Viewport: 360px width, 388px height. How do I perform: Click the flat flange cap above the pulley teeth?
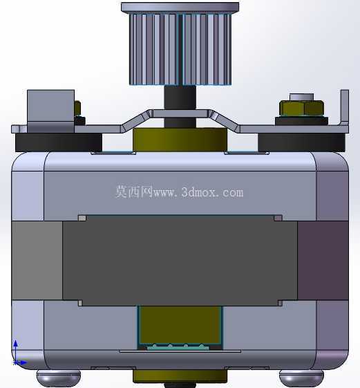(180, 7)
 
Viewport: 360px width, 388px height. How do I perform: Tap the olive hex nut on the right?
(301, 108)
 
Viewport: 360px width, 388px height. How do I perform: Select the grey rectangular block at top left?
(50, 111)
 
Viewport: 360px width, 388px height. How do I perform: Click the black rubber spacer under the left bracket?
(59, 142)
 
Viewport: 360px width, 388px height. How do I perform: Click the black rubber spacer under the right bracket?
(301, 142)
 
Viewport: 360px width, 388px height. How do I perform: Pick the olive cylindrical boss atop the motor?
(180, 140)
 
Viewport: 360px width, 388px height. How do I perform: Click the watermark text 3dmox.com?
(212, 192)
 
